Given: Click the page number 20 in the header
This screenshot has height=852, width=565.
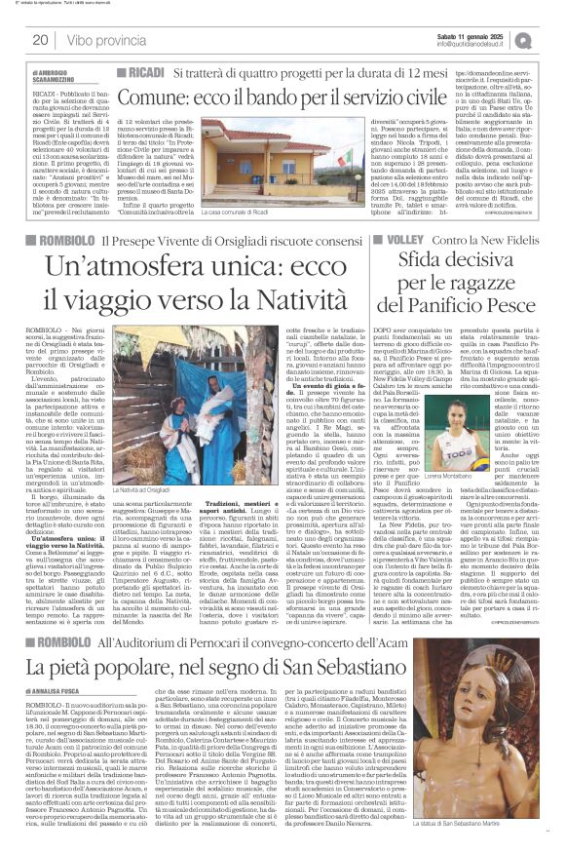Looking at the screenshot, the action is pos(41,40).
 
